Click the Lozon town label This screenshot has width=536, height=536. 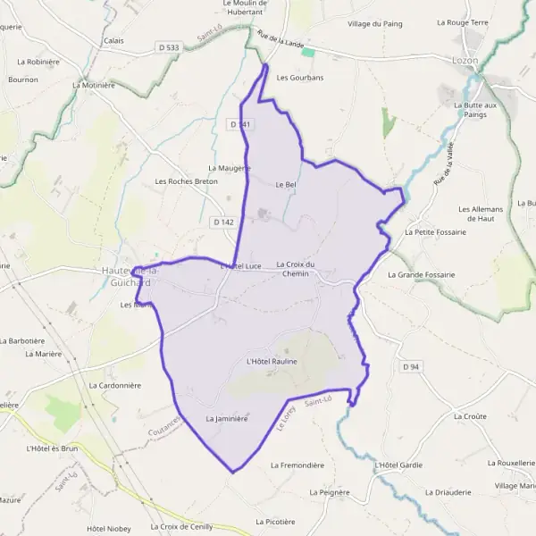pos(465,61)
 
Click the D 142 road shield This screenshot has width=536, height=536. pos(223,222)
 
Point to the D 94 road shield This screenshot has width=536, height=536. pos(410,366)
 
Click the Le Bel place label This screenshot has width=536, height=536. pos(285,185)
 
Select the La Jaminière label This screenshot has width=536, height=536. pos(226,418)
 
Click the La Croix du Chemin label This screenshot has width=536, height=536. pos(296,268)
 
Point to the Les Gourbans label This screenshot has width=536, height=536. pos(299,78)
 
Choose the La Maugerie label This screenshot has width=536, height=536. pos(229,167)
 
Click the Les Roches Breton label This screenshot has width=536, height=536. pos(187,181)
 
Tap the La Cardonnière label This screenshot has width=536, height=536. pos(115,385)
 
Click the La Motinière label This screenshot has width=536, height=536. pos(96,86)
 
